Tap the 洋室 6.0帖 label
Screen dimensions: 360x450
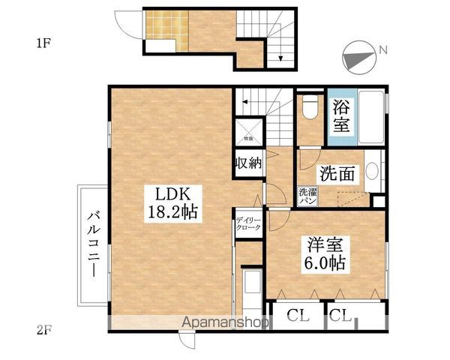tap(324, 254)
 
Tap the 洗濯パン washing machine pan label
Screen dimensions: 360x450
tap(307, 196)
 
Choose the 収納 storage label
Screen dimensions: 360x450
tap(248, 164)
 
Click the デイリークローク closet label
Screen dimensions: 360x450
tap(248, 223)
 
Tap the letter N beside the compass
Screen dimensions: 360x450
tap(382, 50)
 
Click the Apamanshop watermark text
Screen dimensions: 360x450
tap(228, 323)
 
